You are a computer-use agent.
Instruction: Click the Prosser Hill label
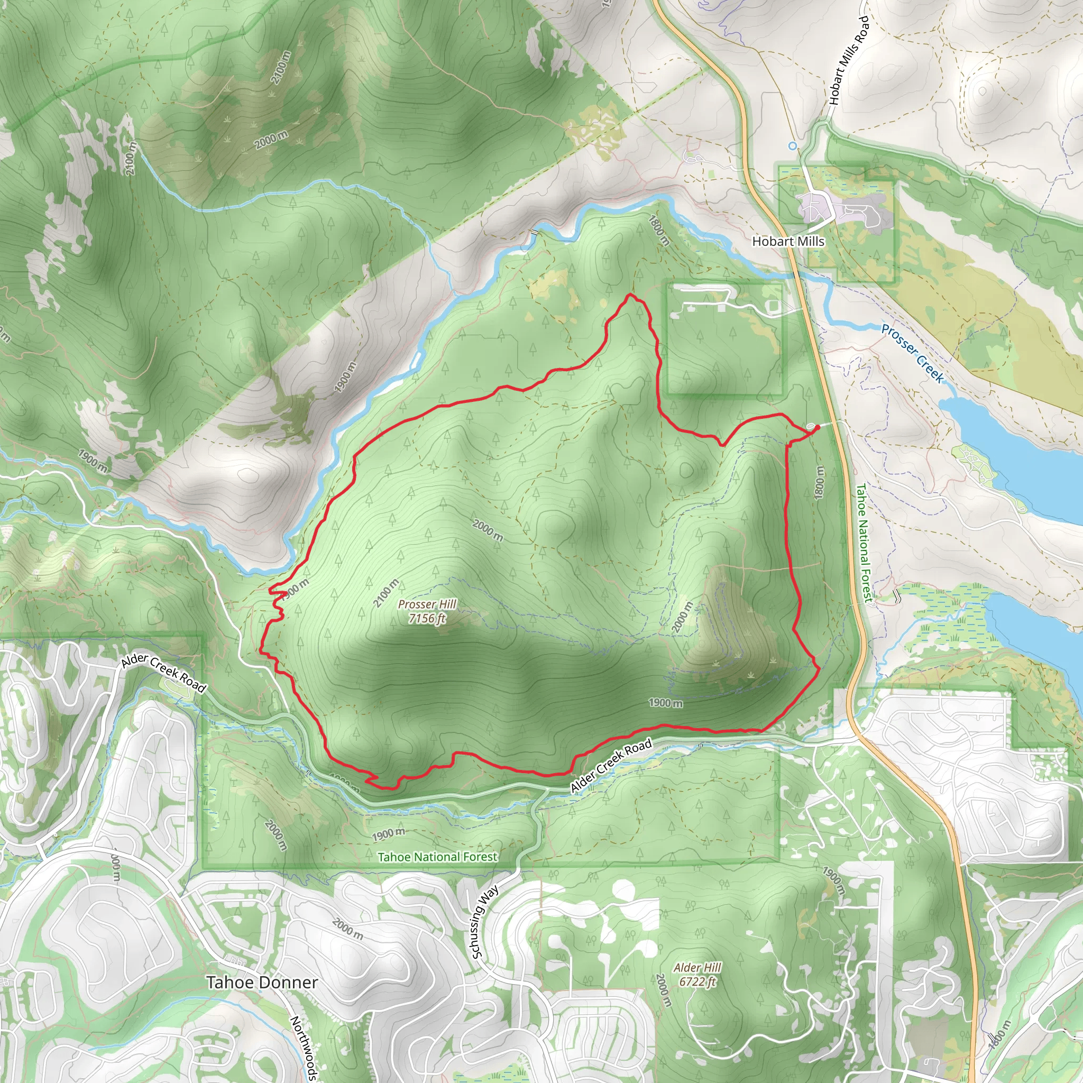(427, 604)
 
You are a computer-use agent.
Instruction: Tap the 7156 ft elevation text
(427, 618)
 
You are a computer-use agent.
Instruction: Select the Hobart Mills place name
(788, 242)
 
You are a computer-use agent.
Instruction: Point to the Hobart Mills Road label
(849, 60)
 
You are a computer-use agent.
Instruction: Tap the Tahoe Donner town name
(262, 998)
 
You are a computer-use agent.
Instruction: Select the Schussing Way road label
(485, 923)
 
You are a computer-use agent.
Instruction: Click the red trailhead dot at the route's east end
(816, 427)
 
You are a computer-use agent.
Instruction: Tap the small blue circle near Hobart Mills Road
(792, 146)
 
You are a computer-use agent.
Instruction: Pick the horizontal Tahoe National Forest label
(437, 857)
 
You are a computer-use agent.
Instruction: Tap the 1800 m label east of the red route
(819, 482)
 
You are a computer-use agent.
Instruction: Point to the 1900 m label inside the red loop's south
(665, 703)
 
